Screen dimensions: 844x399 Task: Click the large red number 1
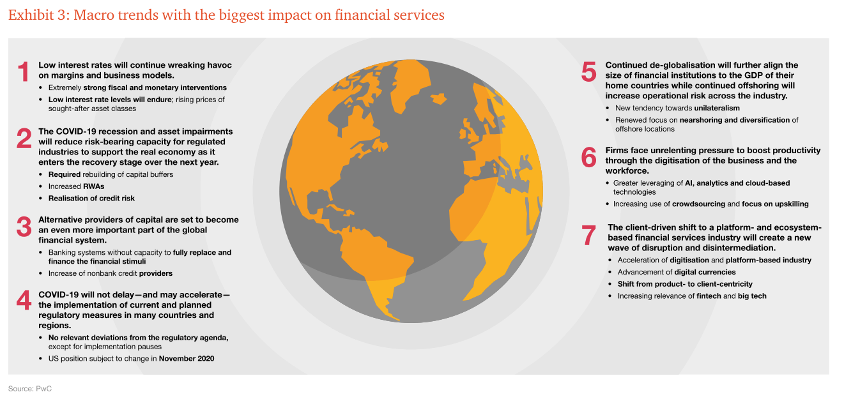(x=24, y=72)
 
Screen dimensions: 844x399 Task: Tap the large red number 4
(x=24, y=301)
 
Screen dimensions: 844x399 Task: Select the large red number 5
(x=588, y=72)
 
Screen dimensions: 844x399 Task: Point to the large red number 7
(x=589, y=235)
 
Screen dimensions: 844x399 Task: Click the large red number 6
(x=588, y=157)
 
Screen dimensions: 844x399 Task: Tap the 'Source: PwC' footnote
(x=30, y=388)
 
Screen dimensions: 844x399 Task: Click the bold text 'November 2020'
(x=187, y=358)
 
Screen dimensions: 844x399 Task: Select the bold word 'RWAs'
(x=94, y=186)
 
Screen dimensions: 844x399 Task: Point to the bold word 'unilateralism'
(x=717, y=108)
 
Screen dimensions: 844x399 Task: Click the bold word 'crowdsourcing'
(x=698, y=204)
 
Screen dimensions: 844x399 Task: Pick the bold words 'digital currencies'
(x=705, y=272)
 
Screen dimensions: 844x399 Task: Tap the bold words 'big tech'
(x=752, y=296)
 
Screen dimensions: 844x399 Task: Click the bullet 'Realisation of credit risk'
(x=91, y=199)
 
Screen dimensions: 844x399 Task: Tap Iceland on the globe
(x=438, y=98)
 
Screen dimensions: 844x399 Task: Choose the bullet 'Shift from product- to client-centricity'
(x=685, y=284)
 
